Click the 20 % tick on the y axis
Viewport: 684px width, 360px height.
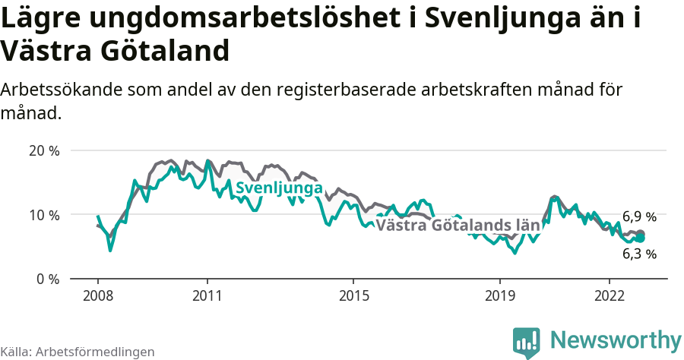[x=44, y=150]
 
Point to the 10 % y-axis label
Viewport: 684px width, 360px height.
[x=44, y=215]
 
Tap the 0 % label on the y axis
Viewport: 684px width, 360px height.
[x=48, y=279]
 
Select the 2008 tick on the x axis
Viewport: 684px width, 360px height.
[x=98, y=296]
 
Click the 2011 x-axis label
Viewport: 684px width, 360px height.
[x=207, y=296]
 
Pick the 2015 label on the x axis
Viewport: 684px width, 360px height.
[x=353, y=296]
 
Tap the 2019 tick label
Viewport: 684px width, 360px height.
[x=500, y=296]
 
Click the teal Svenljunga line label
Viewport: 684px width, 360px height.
[x=279, y=188]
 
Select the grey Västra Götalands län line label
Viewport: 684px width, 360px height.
[x=458, y=226]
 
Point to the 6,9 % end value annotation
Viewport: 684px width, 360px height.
[x=638, y=217]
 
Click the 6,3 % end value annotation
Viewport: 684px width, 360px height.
[x=638, y=254]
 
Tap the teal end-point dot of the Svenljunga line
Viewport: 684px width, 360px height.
[x=640, y=238]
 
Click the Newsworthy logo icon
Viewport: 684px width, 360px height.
[x=527, y=343]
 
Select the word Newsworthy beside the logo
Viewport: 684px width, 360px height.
[x=616, y=339]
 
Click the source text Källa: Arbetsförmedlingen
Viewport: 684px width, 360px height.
[x=78, y=352]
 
